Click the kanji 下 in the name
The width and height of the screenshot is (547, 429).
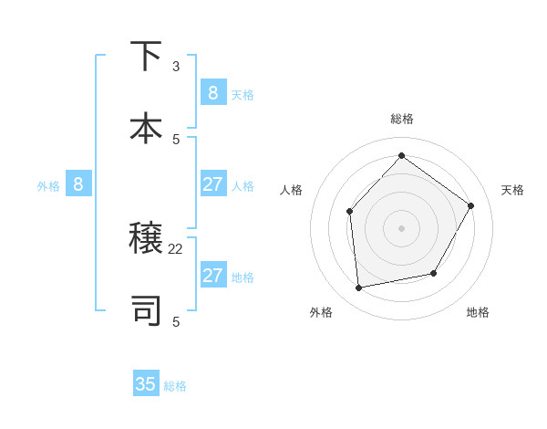point(146,57)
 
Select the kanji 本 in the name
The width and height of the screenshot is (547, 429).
point(146,128)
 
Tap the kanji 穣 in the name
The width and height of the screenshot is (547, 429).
point(146,239)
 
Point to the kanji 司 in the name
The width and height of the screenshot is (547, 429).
point(146,310)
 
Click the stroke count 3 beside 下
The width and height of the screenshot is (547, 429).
point(176,67)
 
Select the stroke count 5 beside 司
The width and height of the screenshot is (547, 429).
point(176,321)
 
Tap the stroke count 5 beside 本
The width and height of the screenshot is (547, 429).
point(176,139)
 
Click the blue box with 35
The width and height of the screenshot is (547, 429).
point(146,384)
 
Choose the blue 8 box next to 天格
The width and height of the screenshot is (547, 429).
point(212,92)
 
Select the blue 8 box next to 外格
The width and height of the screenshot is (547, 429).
point(78,184)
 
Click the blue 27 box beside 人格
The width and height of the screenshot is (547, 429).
point(212,184)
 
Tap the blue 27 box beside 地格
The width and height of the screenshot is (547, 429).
point(212,276)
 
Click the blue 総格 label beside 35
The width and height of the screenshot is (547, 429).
point(175,386)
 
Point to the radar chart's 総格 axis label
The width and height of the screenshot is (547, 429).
point(401,119)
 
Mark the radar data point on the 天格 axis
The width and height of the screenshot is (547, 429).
point(471,205)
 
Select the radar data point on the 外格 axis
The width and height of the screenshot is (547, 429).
point(359,288)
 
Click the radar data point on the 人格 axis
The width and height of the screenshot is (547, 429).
point(349,212)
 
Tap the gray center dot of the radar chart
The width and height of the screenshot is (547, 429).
point(401,228)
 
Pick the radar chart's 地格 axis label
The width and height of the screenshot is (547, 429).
point(478,312)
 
